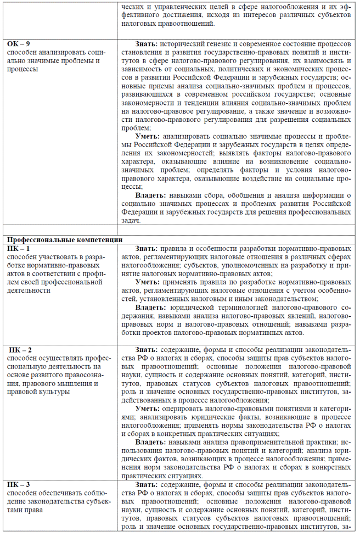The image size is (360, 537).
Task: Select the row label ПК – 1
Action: point(19,248)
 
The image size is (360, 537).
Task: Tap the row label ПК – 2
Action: point(20,350)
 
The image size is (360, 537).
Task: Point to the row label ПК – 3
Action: point(19,484)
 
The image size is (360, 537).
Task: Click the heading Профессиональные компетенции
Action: point(64,240)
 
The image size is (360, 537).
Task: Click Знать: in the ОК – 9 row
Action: point(147,43)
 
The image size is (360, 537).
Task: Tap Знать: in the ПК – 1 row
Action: point(147,248)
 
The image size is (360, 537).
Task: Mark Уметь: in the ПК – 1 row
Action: point(148,282)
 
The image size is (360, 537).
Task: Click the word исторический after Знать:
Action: point(187,43)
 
